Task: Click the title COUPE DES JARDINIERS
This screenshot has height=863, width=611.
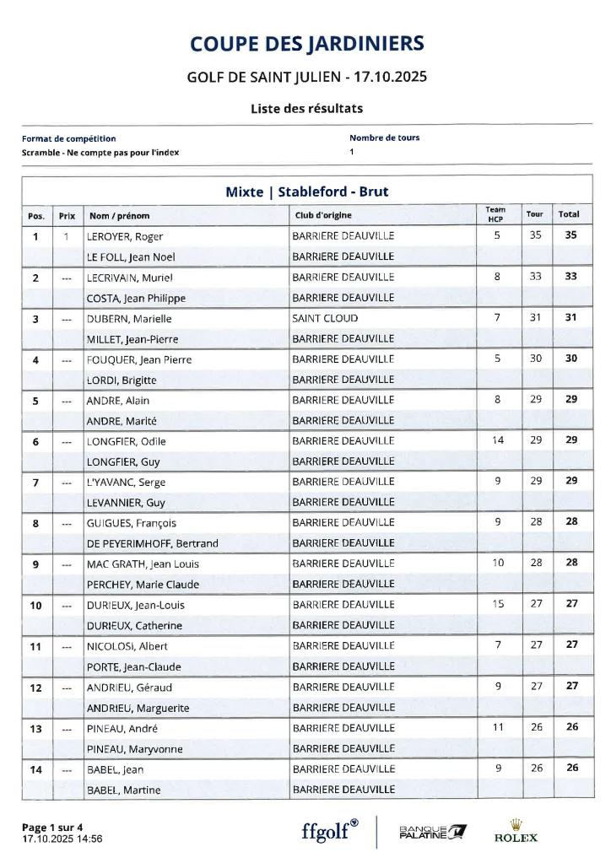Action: [x=306, y=43]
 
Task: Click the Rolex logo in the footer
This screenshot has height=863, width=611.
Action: [x=515, y=832]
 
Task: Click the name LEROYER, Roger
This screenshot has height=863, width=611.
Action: [x=126, y=236]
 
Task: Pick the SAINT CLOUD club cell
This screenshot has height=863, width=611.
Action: [x=325, y=318]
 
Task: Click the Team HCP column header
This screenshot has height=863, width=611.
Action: [x=496, y=214]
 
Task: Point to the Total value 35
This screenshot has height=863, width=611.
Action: [x=570, y=235]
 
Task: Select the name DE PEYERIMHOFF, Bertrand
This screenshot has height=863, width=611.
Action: [x=153, y=543]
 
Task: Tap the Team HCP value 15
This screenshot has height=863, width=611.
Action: [x=497, y=604]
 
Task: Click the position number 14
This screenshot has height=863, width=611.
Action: [x=35, y=769]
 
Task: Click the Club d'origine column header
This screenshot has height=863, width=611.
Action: [x=323, y=215]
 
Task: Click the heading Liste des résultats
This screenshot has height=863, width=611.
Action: [x=306, y=108]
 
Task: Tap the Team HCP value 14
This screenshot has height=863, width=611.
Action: [x=497, y=440]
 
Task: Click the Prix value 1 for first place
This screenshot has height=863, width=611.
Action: [x=66, y=236]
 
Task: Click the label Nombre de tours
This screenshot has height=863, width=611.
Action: [x=384, y=138]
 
